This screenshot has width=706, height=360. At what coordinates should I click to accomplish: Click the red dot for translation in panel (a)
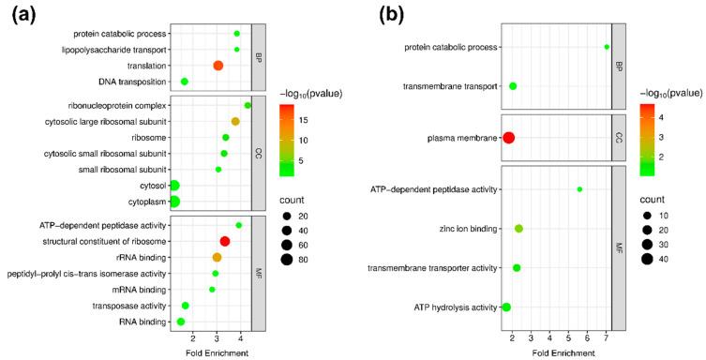click(218, 66)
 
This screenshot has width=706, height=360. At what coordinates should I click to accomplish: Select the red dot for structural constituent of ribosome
click(224, 241)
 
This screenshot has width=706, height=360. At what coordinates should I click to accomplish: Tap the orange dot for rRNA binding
click(217, 258)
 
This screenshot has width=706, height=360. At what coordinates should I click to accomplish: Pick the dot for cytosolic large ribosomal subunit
click(235, 121)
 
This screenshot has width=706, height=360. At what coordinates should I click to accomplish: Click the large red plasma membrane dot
click(509, 138)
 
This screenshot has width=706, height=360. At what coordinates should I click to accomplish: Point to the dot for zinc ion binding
click(518, 229)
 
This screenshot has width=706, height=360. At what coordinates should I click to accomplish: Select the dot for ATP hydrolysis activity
click(506, 307)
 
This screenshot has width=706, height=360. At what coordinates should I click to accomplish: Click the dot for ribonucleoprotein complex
click(248, 105)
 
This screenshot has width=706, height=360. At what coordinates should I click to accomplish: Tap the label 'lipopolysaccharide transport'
click(114, 50)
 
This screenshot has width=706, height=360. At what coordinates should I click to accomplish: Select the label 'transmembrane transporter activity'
click(431, 268)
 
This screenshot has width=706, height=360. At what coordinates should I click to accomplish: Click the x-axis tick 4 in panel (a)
click(240, 336)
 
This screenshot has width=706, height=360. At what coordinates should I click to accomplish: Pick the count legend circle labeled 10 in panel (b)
click(647, 214)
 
